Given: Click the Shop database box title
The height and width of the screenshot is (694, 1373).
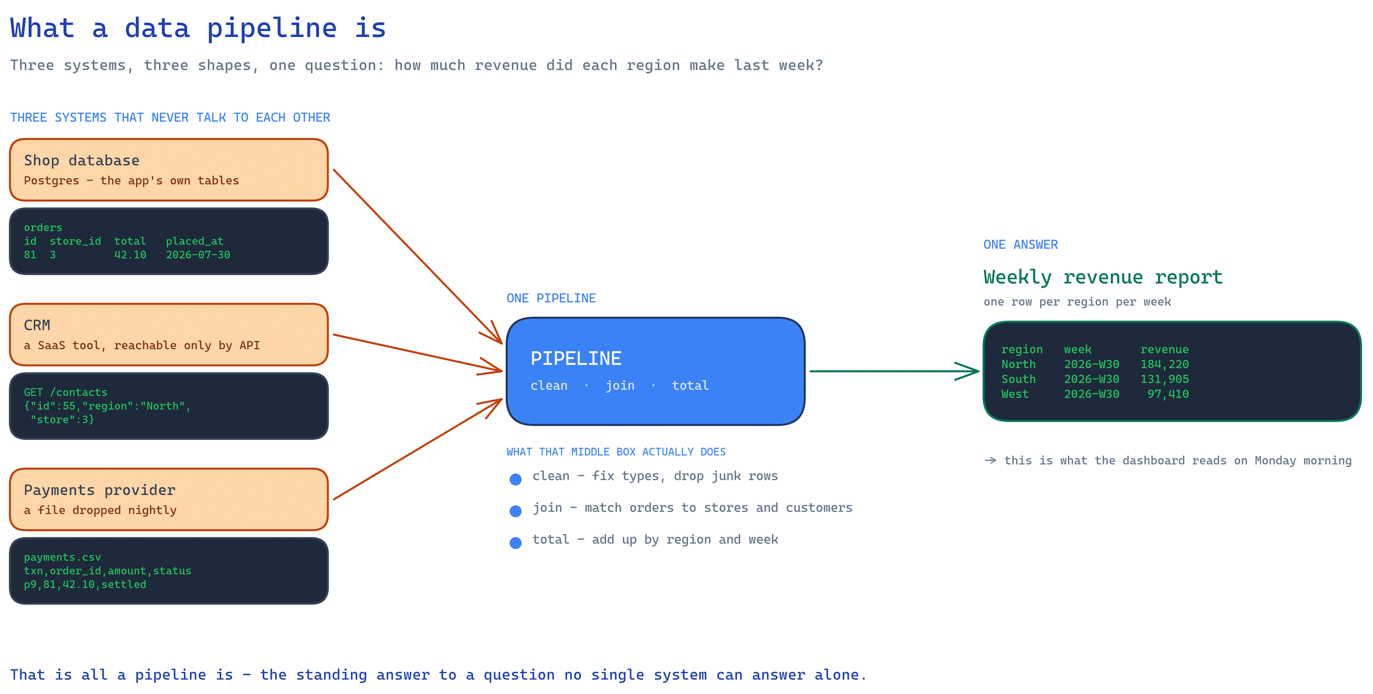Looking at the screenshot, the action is (x=82, y=160).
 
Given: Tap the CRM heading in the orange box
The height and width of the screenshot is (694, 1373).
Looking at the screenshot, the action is (x=37, y=325).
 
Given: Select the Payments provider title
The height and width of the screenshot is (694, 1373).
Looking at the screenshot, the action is (x=100, y=490).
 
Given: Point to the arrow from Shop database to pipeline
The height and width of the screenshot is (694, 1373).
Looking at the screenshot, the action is (x=417, y=256).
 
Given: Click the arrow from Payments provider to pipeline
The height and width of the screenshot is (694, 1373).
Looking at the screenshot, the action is (x=417, y=449).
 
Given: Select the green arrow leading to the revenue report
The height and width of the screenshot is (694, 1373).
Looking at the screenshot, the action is (x=894, y=371).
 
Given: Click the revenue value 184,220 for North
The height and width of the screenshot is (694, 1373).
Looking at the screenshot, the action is (x=1165, y=364).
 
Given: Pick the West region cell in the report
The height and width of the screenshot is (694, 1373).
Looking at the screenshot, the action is (x=1015, y=394).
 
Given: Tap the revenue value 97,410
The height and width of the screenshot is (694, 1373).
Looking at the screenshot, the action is (x=1168, y=394).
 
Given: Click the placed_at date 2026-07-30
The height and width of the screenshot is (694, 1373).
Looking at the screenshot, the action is (x=198, y=255).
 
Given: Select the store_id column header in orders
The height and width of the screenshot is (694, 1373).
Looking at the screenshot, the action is (x=75, y=241).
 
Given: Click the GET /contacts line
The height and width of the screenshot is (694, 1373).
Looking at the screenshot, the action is (x=66, y=393).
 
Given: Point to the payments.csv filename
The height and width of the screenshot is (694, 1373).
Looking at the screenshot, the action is (x=63, y=557).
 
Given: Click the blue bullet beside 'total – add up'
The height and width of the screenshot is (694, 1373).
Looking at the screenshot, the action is (x=515, y=543).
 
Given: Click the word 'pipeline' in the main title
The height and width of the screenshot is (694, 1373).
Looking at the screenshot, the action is (x=272, y=28).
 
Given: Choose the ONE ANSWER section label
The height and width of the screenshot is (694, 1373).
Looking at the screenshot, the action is (x=1021, y=244).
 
